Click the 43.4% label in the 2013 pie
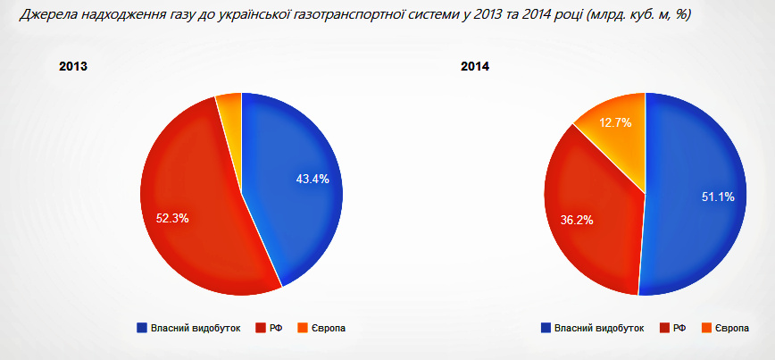tap(312, 179)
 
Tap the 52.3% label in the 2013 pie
tap(171, 218)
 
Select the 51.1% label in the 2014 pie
tap(718, 197)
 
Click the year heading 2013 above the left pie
tap(72, 67)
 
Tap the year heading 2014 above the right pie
tap(474, 67)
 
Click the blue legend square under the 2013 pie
tap(142, 328)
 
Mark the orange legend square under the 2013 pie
tap(302, 328)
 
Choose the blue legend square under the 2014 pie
tap(546, 328)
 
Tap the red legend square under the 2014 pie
tap(664, 328)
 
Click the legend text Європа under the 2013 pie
tap(328, 328)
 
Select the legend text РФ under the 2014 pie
tap(680, 328)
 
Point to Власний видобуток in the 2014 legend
tap(599, 328)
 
